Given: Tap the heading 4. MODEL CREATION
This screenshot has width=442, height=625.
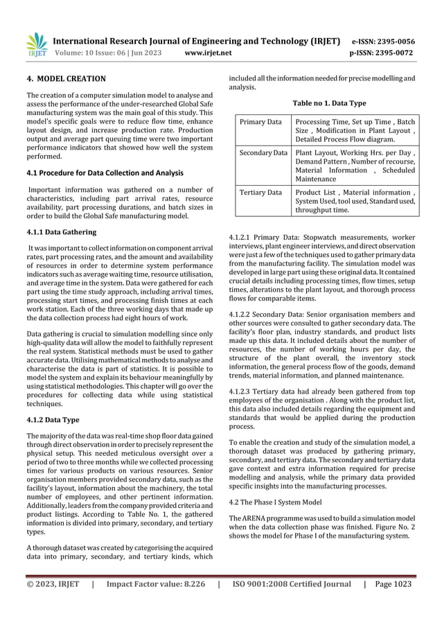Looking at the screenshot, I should point(66,79).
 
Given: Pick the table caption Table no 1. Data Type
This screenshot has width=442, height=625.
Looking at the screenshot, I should point(329,103).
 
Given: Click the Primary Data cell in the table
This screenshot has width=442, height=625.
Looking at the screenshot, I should point(260,123).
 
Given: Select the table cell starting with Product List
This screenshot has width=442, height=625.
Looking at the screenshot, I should point(355,202).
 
